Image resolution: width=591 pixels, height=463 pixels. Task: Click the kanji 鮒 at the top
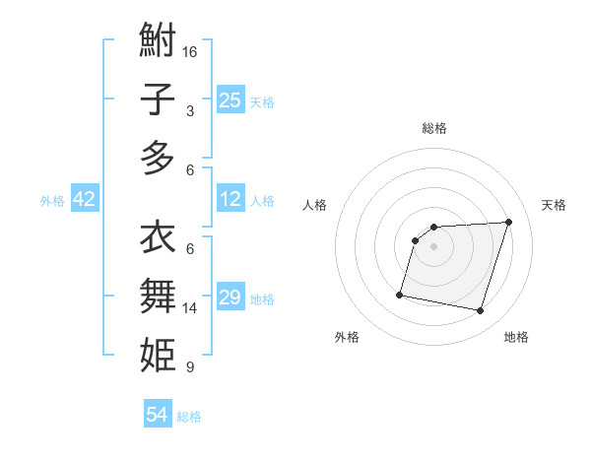click(x=158, y=41)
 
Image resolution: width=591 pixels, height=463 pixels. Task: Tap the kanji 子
click(x=158, y=99)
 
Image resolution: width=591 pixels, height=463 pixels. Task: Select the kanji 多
click(x=158, y=158)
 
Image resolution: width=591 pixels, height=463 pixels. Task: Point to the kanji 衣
click(x=158, y=237)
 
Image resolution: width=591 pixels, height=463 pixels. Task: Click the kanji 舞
click(x=158, y=296)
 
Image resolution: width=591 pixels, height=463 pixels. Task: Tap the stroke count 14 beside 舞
click(x=191, y=308)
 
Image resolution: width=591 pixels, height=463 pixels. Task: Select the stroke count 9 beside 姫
click(x=189, y=367)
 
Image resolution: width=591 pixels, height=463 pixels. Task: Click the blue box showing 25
click(x=230, y=99)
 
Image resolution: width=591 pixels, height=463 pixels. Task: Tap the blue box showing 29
click(x=230, y=298)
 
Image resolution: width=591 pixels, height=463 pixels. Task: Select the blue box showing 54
click(x=158, y=415)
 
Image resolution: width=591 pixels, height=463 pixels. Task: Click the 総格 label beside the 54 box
click(x=189, y=417)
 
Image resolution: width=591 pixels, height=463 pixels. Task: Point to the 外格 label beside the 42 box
click(x=52, y=201)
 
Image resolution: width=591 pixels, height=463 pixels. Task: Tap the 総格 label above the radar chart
click(x=433, y=128)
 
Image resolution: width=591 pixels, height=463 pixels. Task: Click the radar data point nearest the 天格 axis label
click(x=508, y=222)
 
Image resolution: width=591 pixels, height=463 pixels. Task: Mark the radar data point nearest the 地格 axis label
click(x=480, y=310)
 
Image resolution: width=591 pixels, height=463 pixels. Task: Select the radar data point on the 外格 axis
click(x=400, y=294)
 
